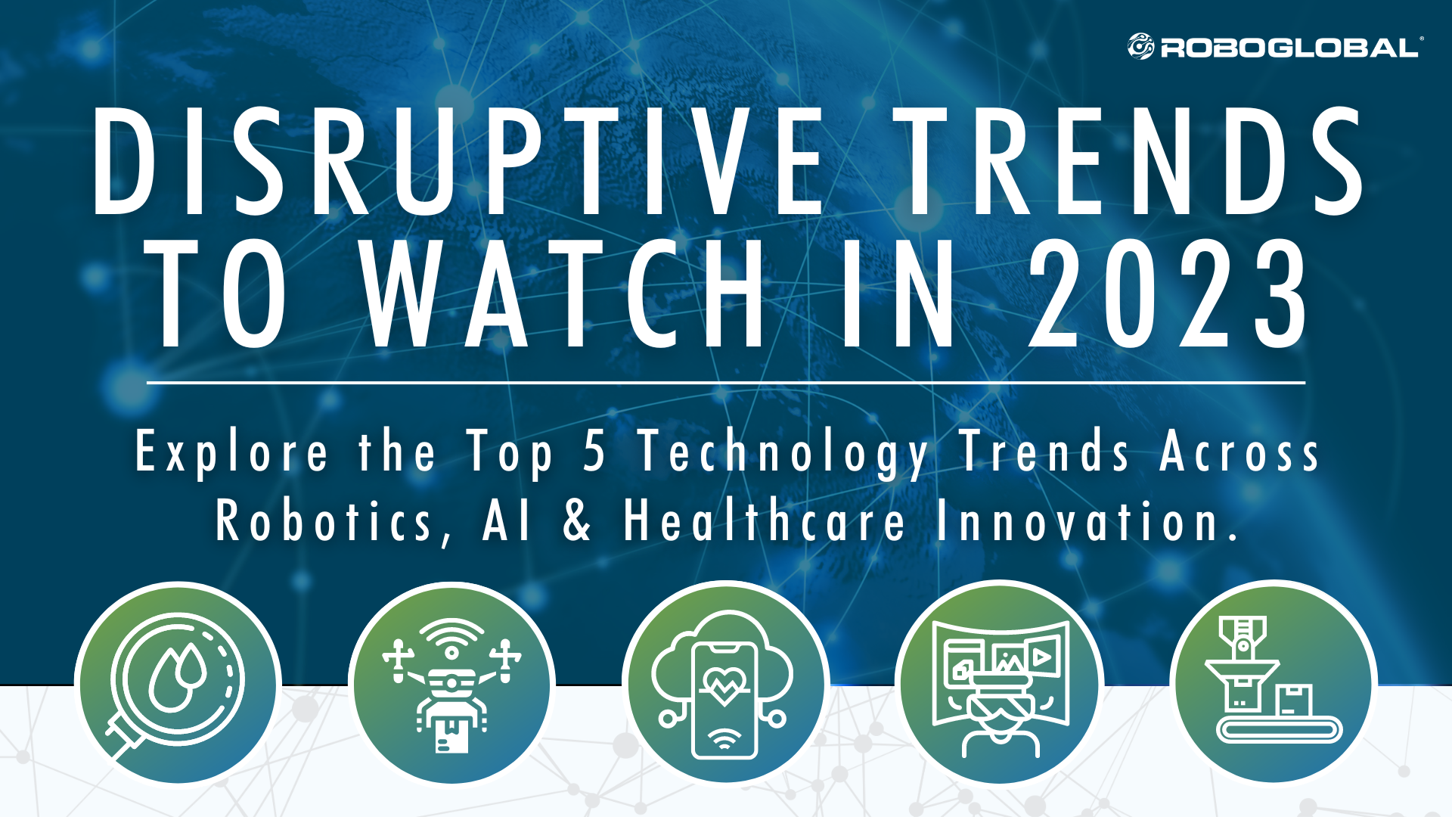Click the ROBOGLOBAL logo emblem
tap(1140, 47)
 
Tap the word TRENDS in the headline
tap(1131, 161)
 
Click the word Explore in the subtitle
tap(231, 452)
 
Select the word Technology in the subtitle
tap(783, 452)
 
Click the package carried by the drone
tap(451, 734)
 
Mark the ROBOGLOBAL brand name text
tap(1289, 48)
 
